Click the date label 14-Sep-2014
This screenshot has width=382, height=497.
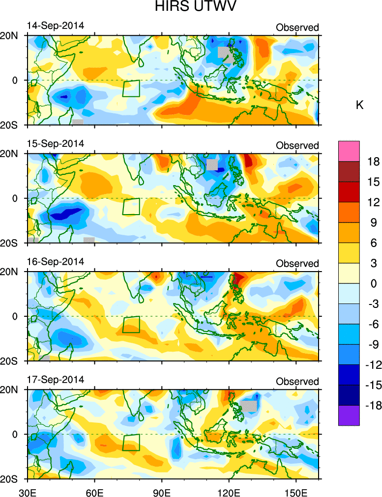coord(56,26)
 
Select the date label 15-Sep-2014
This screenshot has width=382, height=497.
coord(56,144)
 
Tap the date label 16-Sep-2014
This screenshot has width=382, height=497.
coord(56,262)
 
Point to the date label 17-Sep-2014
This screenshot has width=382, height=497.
coord(56,380)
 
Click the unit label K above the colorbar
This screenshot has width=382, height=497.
coord(359,105)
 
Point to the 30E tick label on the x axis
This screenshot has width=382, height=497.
coord(27,491)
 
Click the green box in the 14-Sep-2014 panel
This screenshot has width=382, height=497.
coord(131,88)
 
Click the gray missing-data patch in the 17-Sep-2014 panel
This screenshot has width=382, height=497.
coord(249,406)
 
